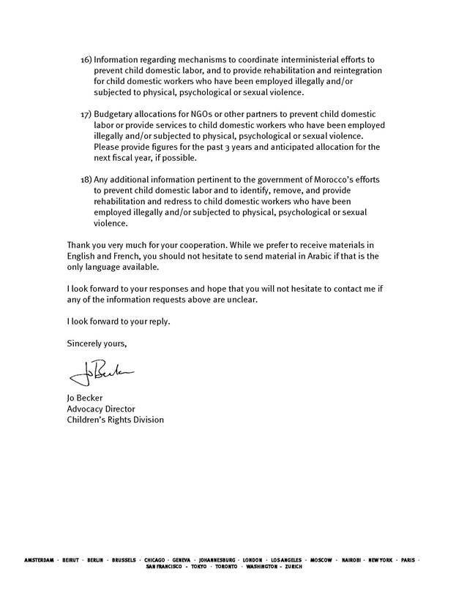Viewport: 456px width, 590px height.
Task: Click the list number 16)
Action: pos(86,58)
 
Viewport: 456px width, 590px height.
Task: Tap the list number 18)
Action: pos(86,180)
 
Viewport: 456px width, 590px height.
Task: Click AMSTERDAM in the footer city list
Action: pos(40,560)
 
